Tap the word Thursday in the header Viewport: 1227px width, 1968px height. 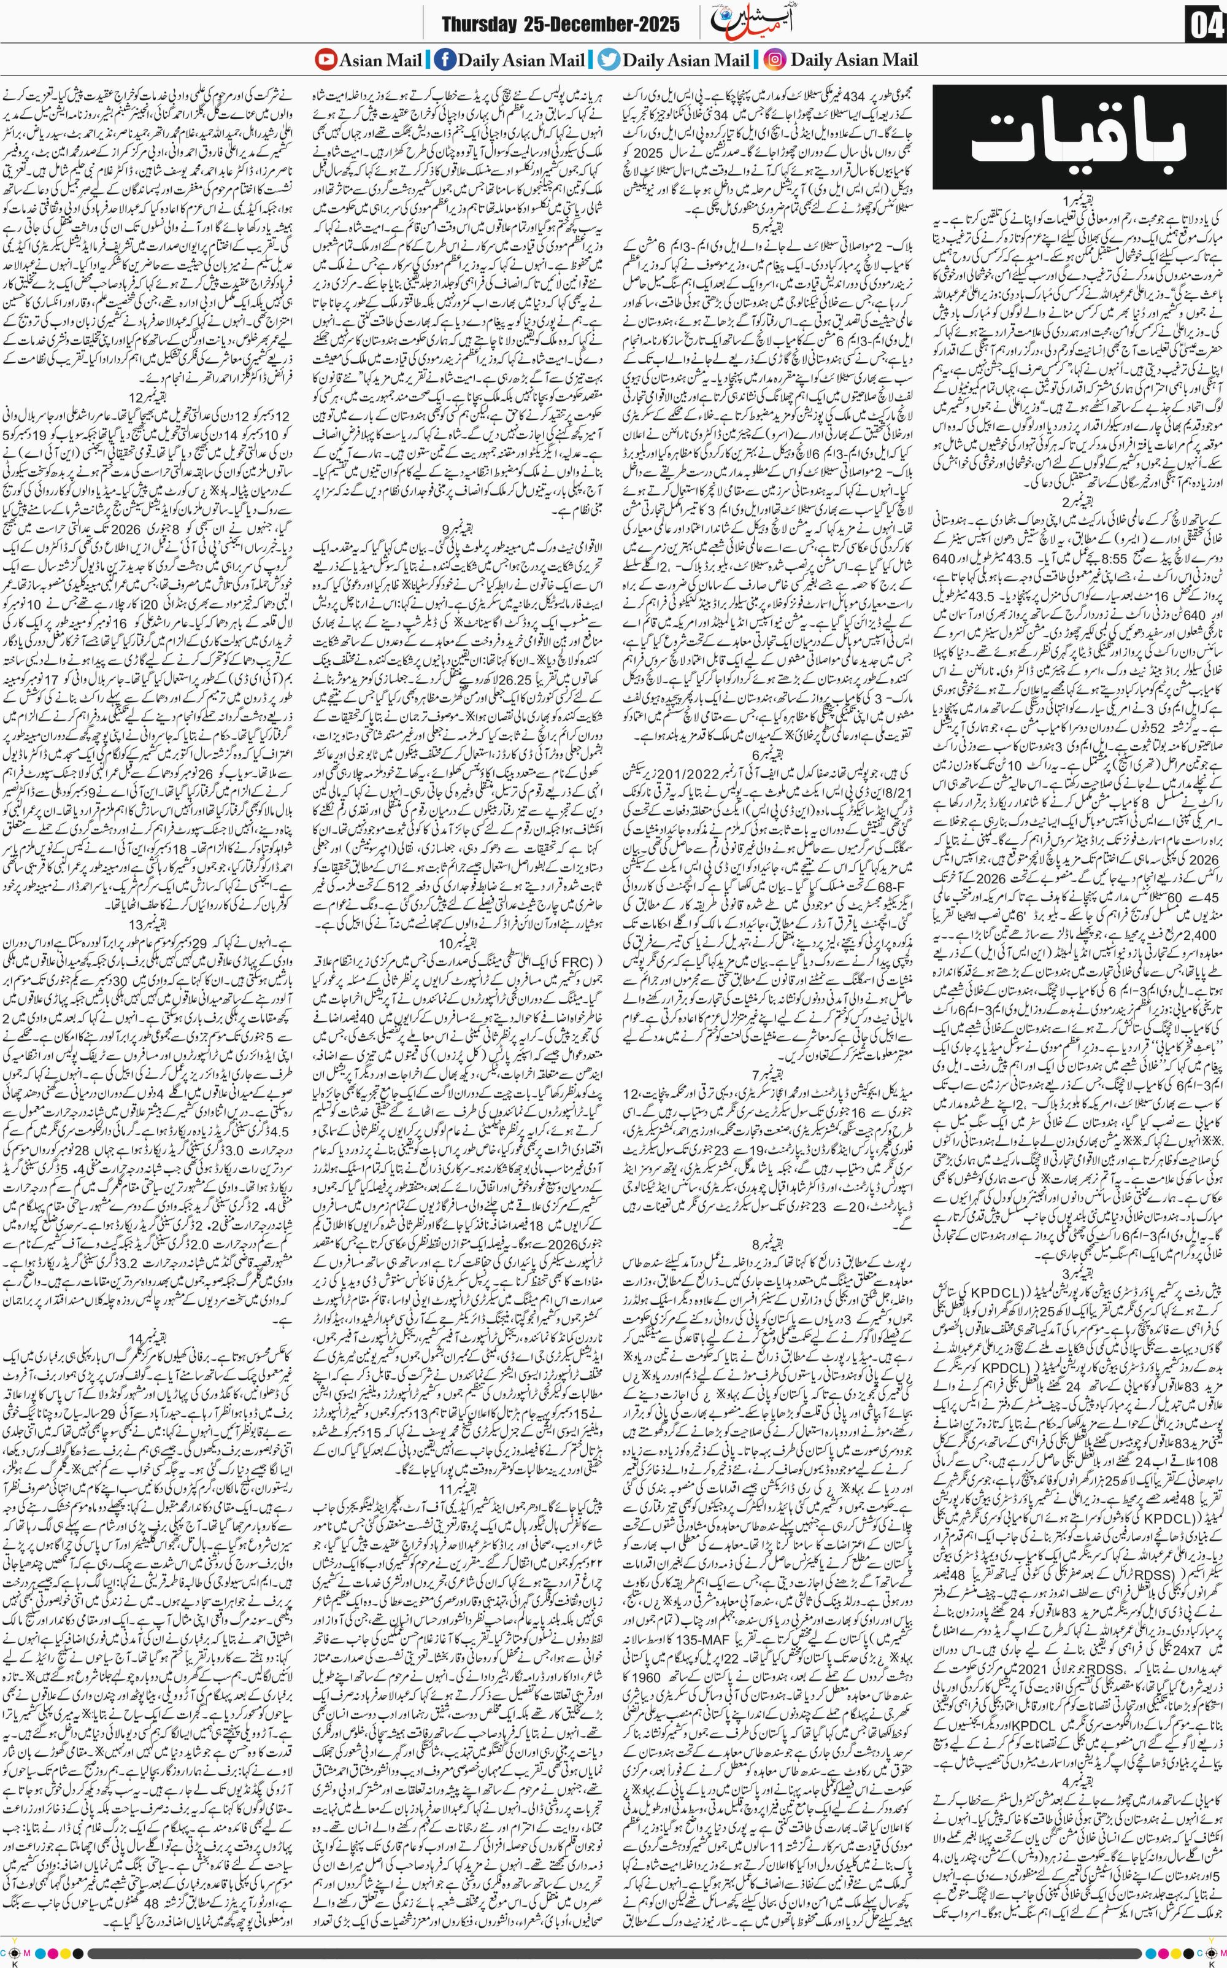[x=478, y=25]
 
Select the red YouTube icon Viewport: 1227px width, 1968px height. [x=325, y=60]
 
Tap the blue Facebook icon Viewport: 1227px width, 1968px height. [x=444, y=60]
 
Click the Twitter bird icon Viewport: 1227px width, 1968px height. [x=608, y=60]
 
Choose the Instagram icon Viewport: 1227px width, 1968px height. [x=775, y=60]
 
